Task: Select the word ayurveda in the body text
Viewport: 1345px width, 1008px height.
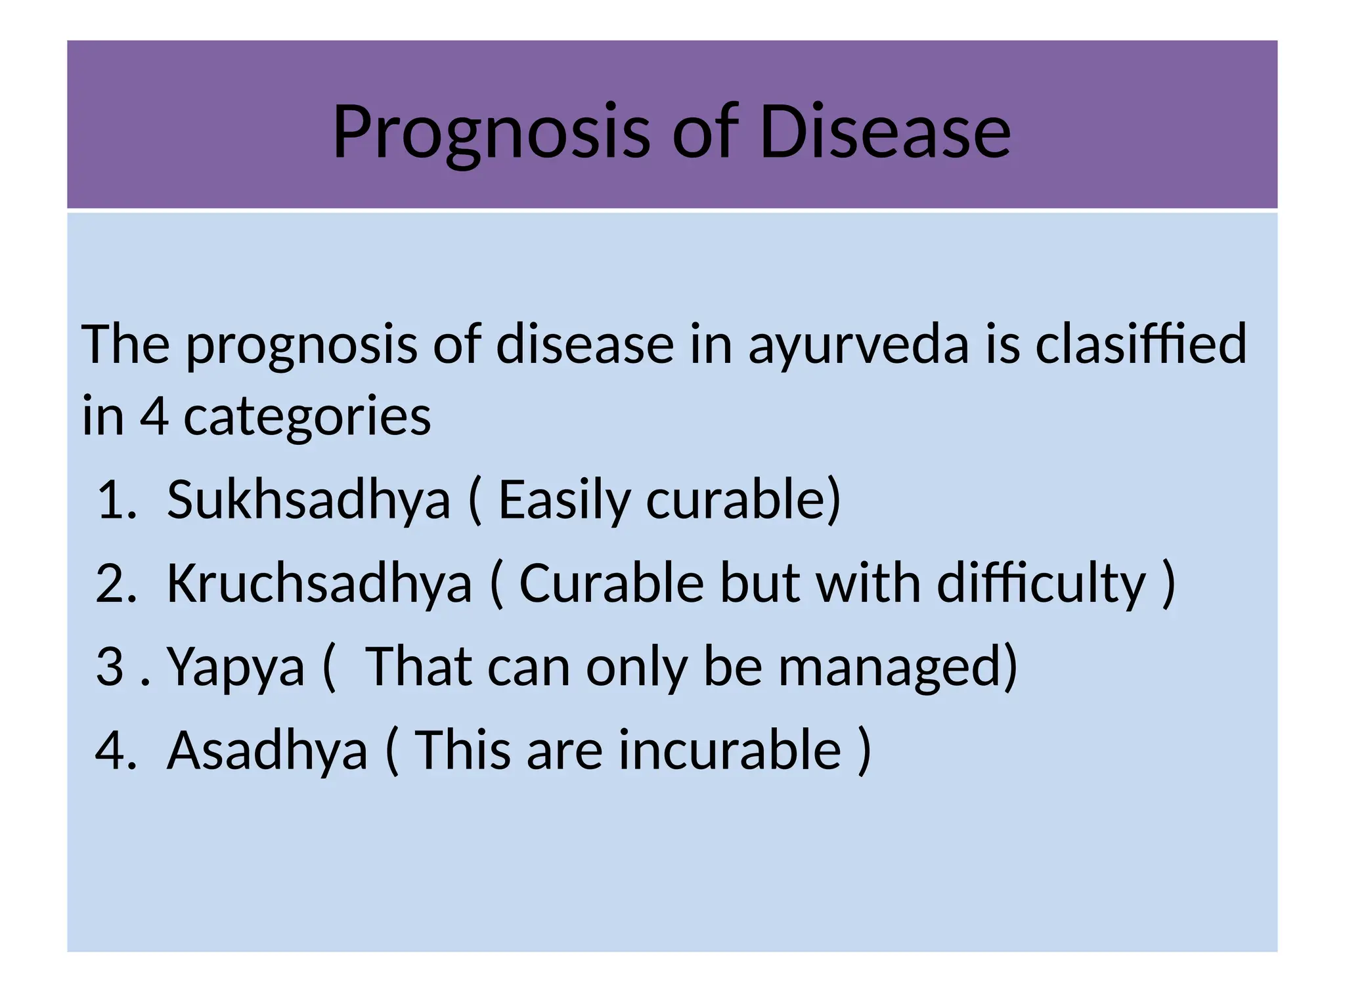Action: (858, 345)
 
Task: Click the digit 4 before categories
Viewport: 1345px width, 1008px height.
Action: (154, 416)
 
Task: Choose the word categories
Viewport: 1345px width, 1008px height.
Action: (307, 417)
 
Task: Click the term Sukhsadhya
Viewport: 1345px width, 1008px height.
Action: (309, 499)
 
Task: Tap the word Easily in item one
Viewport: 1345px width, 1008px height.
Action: (563, 501)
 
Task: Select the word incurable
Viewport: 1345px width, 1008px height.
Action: (730, 750)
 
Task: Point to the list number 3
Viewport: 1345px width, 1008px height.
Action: (110, 667)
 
